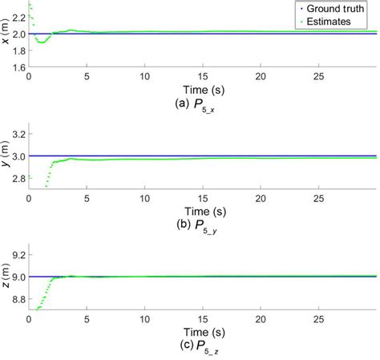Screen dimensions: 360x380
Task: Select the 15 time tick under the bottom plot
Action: pos(202,319)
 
